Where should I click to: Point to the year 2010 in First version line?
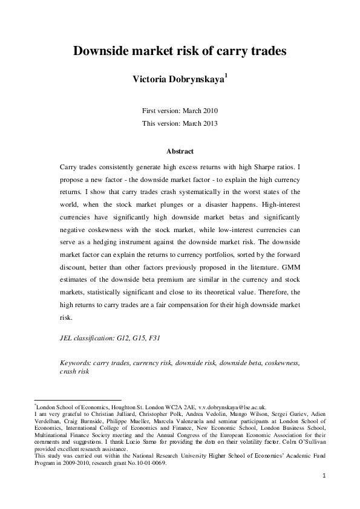click(x=208, y=111)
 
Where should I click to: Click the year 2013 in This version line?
click(x=208, y=123)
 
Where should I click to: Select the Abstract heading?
click(x=180, y=152)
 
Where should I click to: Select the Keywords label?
click(x=76, y=363)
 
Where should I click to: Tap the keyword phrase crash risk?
click(x=74, y=372)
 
